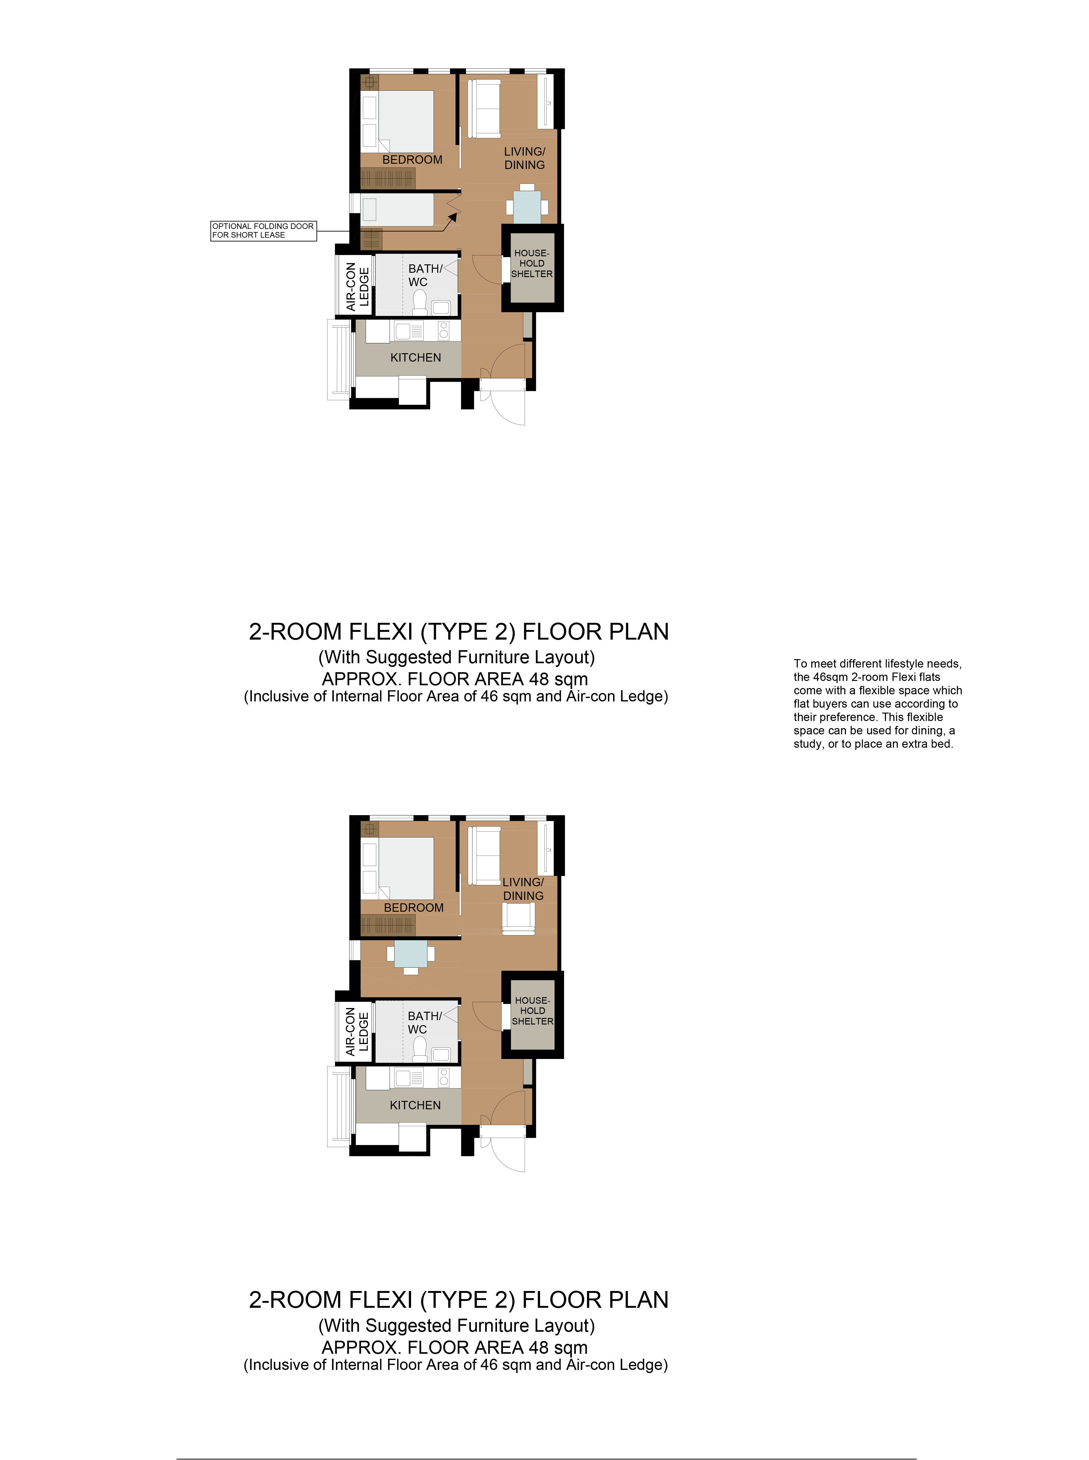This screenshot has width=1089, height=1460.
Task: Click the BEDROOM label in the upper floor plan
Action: (x=412, y=160)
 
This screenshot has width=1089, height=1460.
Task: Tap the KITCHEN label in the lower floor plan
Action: (x=415, y=1105)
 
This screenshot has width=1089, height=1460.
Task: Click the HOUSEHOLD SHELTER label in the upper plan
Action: (x=532, y=263)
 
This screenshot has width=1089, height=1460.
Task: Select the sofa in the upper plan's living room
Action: (x=485, y=109)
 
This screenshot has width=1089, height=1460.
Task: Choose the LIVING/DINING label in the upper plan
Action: (x=525, y=158)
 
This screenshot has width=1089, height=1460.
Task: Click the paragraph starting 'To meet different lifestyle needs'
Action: (x=877, y=704)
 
